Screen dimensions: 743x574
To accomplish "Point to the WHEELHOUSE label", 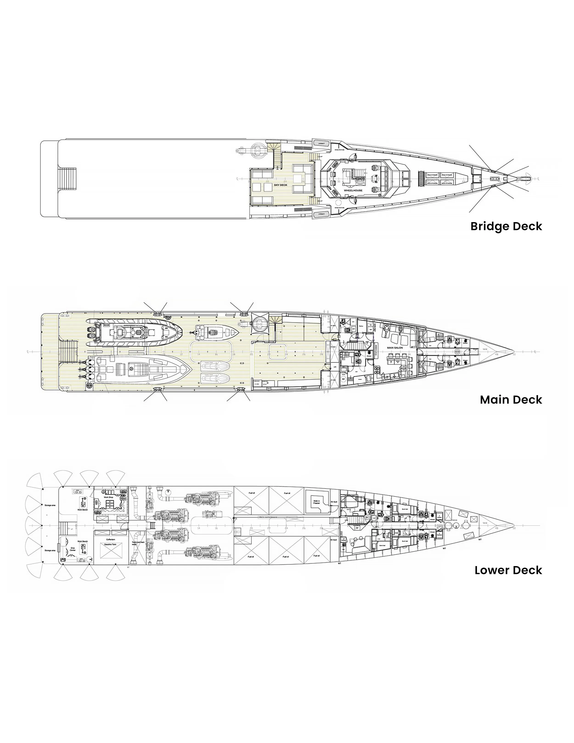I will pos(353,190).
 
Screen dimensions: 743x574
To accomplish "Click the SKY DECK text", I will pos(281,185).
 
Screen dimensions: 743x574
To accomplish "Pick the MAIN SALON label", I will pos(395,348).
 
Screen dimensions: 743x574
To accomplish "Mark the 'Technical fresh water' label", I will pos(138,543).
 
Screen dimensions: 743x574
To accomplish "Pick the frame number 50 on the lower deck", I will pos(514,528).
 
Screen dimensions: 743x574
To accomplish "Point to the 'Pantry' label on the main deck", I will pos(361,326).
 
